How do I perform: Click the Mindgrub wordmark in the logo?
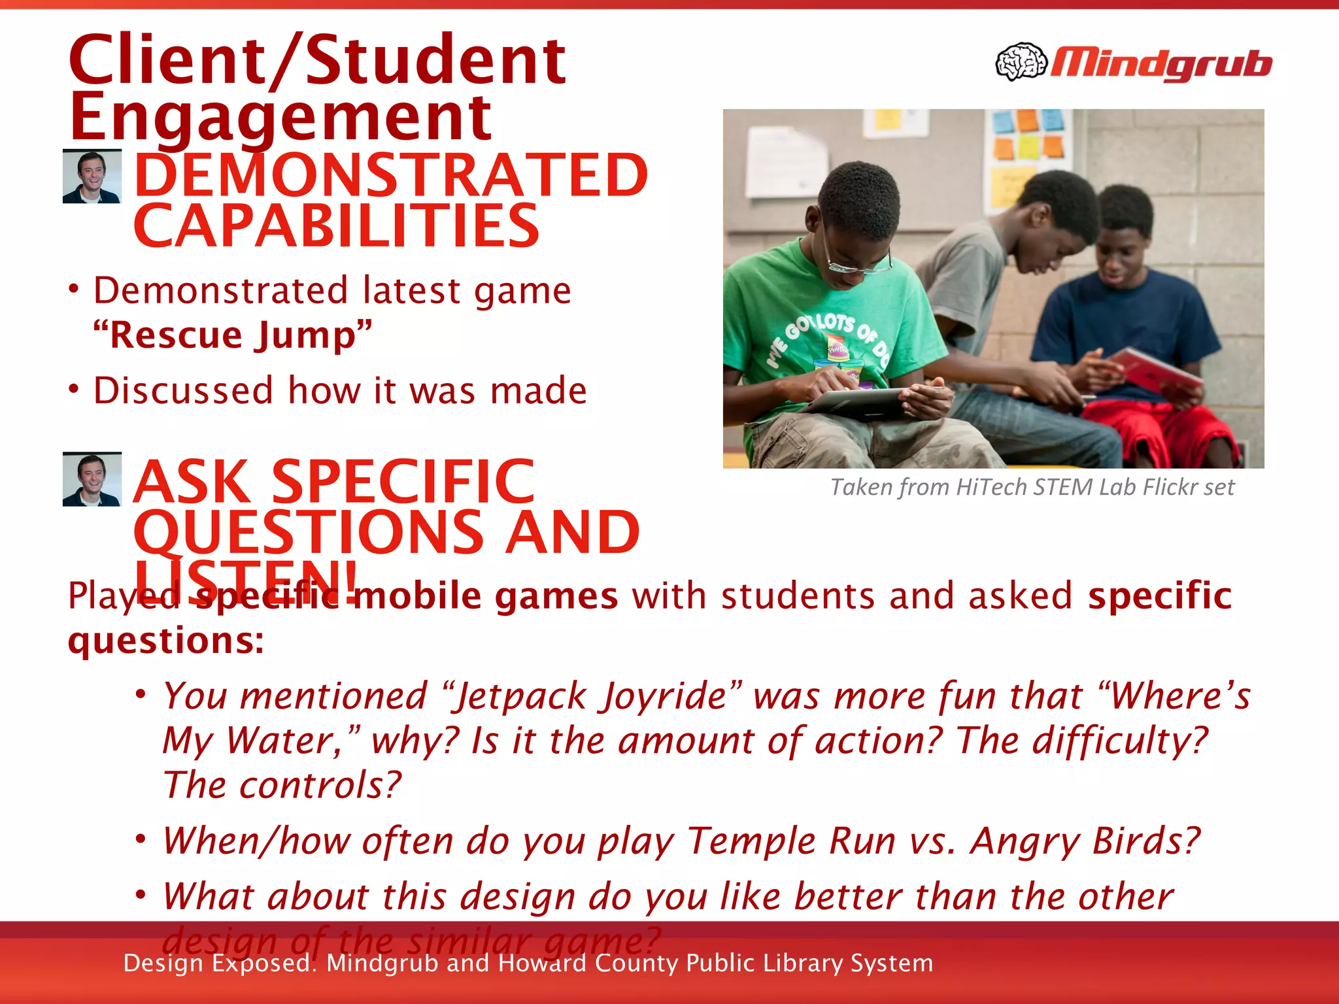1161,64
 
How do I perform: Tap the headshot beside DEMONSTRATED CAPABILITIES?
92,176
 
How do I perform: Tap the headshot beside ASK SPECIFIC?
92,479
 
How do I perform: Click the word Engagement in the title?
280,118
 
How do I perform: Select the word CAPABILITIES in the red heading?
336,226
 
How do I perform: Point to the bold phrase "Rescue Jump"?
233,335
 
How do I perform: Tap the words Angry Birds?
1085,841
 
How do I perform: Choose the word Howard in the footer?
542,963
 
